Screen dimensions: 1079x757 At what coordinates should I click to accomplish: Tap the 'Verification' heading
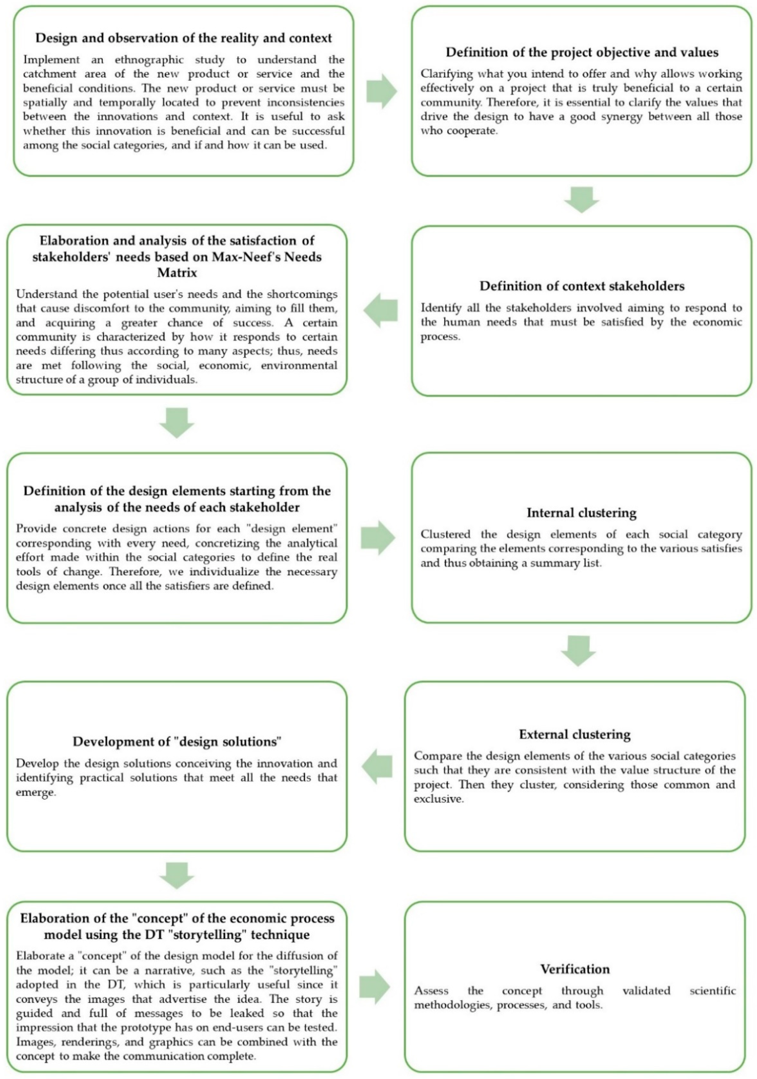click(x=575, y=969)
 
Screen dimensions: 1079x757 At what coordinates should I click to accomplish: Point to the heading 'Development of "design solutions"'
click(x=177, y=742)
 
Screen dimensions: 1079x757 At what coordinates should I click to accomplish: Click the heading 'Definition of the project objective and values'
click(x=582, y=52)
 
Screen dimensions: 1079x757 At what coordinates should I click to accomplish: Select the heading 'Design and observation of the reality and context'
click(x=184, y=38)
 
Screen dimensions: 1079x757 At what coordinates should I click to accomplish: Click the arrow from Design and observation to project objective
click(x=381, y=91)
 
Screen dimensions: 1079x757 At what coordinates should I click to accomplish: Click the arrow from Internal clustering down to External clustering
click(x=579, y=650)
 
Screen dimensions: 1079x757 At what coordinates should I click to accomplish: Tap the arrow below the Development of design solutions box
click(x=177, y=875)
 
